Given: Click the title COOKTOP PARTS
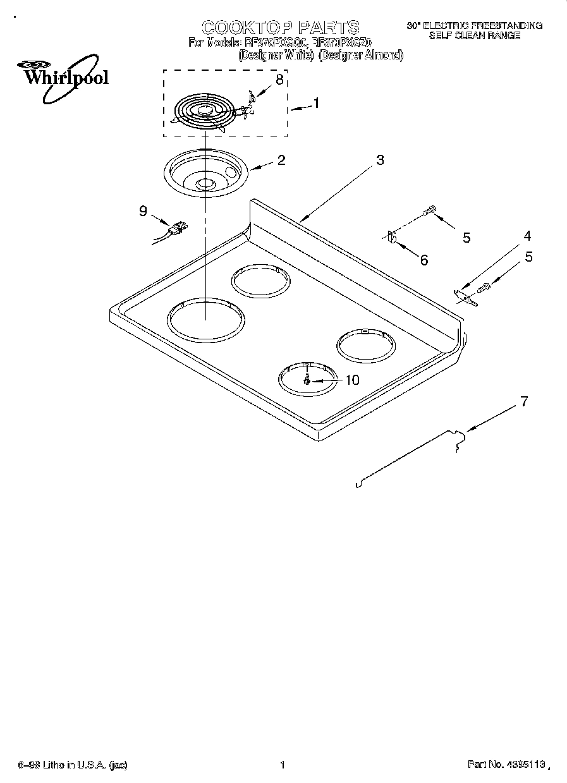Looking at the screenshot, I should pos(280,27).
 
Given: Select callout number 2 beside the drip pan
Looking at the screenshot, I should pos(281,160).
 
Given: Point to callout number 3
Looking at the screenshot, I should pos(379,160).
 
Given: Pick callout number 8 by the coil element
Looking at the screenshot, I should pos(279,80).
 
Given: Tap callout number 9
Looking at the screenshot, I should pos(143,211).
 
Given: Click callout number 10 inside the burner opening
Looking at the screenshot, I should pos(351,380).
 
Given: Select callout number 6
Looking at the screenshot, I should pos(424,260).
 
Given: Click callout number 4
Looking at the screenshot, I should pos(527,236).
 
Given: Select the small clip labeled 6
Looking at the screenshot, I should pos(391,238).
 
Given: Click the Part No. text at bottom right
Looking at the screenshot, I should pos(506,765).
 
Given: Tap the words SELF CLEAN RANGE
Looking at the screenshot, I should pos(474,36).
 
